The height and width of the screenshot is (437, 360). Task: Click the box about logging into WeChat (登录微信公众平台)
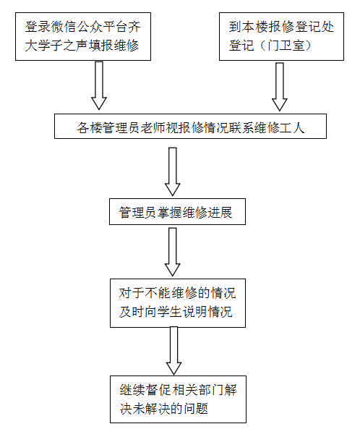[x=83, y=36]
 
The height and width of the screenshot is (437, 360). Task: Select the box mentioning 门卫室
[x=281, y=36]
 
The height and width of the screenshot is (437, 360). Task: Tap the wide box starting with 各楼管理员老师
[x=190, y=126]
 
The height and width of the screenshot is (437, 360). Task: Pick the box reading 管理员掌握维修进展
[x=177, y=212]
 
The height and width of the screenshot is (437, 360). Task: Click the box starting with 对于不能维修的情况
[x=178, y=303]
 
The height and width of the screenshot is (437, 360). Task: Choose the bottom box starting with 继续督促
[x=178, y=399]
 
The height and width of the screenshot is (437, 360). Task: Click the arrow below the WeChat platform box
[x=99, y=85]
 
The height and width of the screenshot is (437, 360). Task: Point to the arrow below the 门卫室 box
[x=280, y=87]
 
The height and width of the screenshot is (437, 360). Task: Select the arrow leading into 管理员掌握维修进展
[x=173, y=171]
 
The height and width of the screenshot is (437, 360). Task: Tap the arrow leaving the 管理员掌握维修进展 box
[x=173, y=252]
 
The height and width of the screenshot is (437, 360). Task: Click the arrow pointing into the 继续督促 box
[x=173, y=351]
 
